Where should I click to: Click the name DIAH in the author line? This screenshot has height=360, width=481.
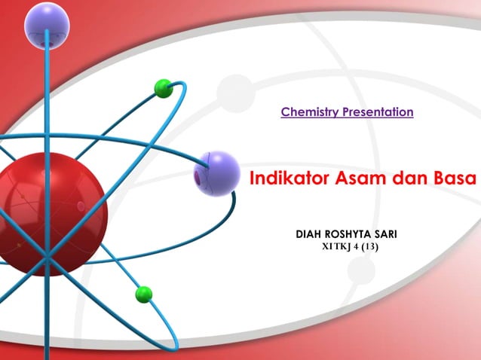[314, 235]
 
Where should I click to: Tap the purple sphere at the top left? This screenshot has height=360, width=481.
[47, 25]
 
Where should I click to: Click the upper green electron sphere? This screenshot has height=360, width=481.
[164, 88]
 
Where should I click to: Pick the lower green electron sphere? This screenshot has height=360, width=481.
[143, 294]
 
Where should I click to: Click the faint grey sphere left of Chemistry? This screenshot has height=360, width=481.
[235, 93]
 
